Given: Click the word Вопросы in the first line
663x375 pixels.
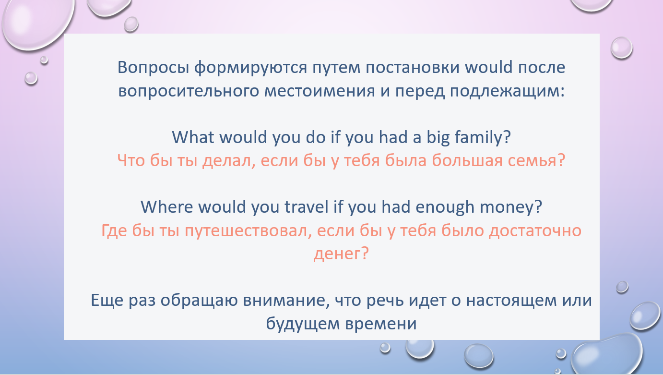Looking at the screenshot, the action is pyautogui.click(x=154, y=68).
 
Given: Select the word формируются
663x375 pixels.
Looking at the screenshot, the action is pyautogui.click(x=250, y=68).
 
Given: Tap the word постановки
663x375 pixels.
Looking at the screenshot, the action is pyautogui.click(x=412, y=68).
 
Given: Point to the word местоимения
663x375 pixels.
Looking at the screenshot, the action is pyautogui.click(x=320, y=91).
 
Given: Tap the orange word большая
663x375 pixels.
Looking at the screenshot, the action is pyautogui.click(x=467, y=161).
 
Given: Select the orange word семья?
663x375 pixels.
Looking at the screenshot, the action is pyautogui.click(x=537, y=161).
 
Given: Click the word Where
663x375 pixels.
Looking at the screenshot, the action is pyautogui.click(x=167, y=207).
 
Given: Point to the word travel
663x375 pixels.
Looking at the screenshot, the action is pyautogui.click(x=307, y=207).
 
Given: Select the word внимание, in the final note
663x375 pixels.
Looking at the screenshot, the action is pyautogui.click(x=286, y=301).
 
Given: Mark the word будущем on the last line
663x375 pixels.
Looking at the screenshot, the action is pyautogui.click(x=303, y=324).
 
